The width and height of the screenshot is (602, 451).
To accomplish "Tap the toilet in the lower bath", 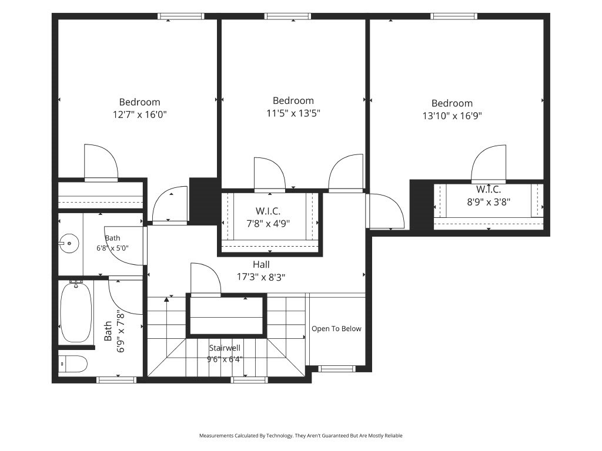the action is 73,364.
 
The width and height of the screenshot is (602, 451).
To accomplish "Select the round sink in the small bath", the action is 69,243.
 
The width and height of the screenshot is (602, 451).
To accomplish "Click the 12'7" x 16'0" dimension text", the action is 140,115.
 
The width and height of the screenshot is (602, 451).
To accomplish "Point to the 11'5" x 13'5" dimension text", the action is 293,113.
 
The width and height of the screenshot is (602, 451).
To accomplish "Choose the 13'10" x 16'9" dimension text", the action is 452,116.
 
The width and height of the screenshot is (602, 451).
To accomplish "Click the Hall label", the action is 261,264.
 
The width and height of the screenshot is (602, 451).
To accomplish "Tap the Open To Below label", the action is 336,329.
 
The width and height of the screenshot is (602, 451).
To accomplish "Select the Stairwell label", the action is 225,348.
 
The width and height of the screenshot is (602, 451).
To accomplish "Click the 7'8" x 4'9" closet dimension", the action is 268,223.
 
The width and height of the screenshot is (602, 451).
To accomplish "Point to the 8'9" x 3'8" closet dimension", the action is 489,202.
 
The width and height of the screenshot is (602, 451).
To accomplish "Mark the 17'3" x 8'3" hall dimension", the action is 261,277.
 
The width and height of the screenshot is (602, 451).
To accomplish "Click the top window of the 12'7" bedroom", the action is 180,16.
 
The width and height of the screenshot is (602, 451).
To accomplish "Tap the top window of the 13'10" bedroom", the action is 454,16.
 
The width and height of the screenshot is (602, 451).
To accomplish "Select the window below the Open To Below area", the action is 337,369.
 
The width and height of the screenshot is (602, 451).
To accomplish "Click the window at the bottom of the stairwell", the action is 249,380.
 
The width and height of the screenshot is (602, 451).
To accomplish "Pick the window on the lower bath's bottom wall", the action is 116,380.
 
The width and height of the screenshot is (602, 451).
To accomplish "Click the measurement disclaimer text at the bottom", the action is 300,436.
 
